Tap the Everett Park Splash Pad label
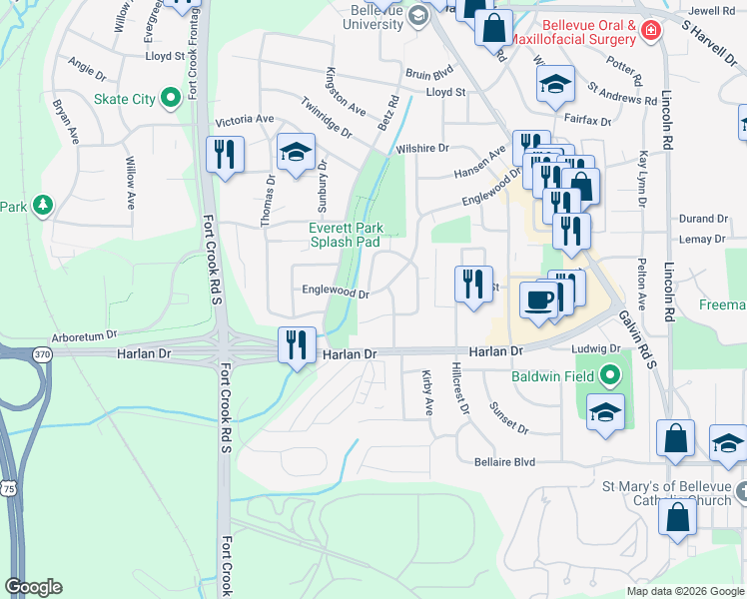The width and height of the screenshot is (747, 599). [x=345, y=235]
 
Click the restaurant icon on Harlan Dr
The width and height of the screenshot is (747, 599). [x=297, y=345]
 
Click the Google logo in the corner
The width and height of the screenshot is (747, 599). [x=33, y=587]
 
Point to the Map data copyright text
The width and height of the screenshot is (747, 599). [x=684, y=591]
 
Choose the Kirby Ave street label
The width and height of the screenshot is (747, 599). [x=427, y=392]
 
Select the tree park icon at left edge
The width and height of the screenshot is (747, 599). [x=42, y=206]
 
